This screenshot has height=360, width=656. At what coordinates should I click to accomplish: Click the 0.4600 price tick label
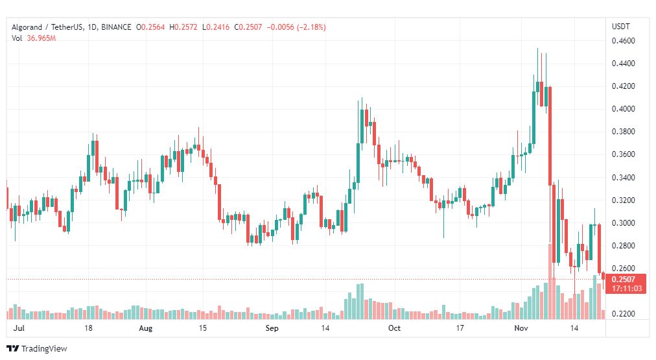(624, 41)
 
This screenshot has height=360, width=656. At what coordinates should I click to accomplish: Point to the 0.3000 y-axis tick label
(624, 222)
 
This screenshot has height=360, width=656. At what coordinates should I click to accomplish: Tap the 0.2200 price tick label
(624, 313)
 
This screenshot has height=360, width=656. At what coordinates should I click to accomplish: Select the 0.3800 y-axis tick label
(624, 132)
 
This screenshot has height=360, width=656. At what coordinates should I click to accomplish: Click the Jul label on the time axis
(18, 328)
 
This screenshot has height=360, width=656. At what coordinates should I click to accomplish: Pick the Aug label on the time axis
(146, 328)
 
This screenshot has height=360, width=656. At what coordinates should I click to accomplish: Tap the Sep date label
(272, 328)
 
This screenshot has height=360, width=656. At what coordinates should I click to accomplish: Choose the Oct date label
(394, 328)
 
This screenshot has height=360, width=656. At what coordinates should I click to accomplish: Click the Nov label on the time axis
(521, 328)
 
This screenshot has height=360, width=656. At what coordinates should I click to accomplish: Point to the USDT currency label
(621, 27)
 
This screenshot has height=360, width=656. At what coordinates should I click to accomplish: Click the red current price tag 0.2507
(624, 279)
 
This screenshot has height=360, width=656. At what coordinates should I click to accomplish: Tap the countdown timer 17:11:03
(627, 289)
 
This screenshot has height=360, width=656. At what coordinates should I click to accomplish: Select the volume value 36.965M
(41, 38)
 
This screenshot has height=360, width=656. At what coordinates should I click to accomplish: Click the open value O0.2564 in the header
(150, 27)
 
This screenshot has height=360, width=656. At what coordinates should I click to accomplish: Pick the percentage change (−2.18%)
(311, 27)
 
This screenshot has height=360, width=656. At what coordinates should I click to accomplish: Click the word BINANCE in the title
(116, 27)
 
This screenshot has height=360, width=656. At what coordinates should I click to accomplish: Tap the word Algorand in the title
(27, 27)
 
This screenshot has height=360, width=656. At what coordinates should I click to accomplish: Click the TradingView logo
(37, 348)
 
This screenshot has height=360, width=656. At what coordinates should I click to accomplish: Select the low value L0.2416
(216, 27)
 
